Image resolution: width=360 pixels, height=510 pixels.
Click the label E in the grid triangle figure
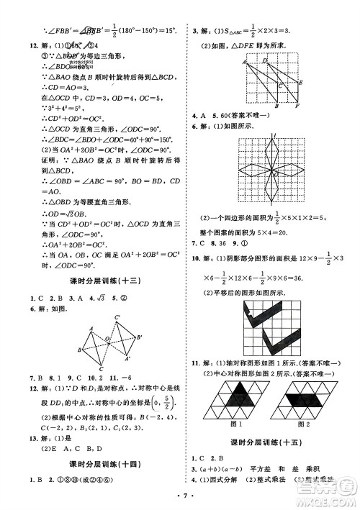(x=300, y=83)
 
